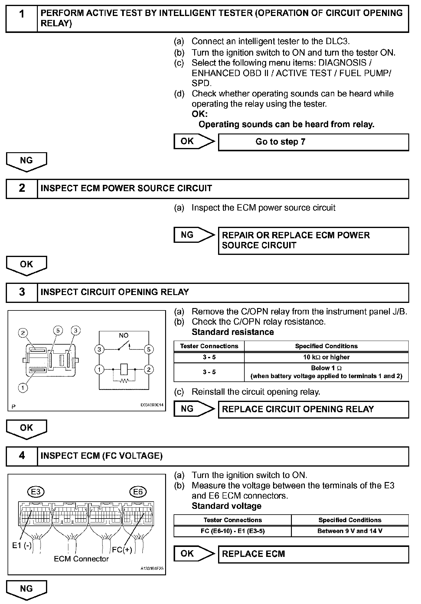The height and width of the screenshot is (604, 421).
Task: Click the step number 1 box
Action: [x=22, y=18]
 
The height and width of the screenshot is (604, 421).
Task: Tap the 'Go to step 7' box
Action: [x=313, y=142]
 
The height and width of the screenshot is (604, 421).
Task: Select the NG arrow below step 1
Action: [x=27, y=161]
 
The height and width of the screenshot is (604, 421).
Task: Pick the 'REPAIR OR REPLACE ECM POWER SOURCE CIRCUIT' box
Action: [x=313, y=240]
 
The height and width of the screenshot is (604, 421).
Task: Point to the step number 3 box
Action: [x=22, y=292]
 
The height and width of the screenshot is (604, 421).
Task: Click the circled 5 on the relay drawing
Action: [x=58, y=331]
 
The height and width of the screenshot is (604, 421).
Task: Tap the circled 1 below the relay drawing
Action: [x=23, y=387]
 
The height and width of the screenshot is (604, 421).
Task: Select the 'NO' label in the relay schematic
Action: [x=123, y=336]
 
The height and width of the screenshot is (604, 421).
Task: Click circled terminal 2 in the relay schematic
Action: [x=148, y=369]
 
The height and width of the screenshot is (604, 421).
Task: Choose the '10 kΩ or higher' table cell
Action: [x=326, y=357]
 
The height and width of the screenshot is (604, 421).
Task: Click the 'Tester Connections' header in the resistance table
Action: [x=209, y=346]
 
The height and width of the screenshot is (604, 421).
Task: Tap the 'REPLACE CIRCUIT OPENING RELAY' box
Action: [x=313, y=409]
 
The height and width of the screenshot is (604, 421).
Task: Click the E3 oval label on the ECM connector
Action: [x=36, y=492]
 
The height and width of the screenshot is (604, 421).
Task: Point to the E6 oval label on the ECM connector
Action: [x=138, y=492]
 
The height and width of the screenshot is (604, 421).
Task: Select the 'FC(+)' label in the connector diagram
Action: [x=122, y=550]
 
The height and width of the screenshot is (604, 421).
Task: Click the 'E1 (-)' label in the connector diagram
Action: [x=22, y=545]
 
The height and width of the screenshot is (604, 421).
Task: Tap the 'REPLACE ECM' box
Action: [x=313, y=554]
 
